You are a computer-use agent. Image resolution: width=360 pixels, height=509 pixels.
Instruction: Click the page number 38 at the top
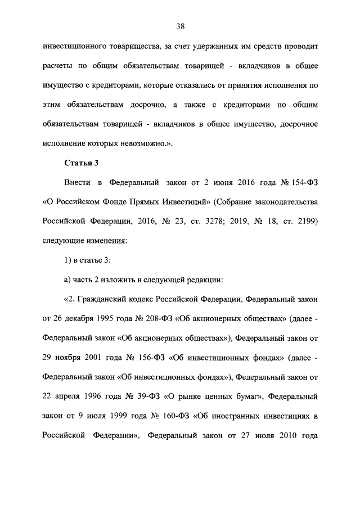[180, 26]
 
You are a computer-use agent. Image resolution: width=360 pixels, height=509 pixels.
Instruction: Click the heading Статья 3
[81, 164]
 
